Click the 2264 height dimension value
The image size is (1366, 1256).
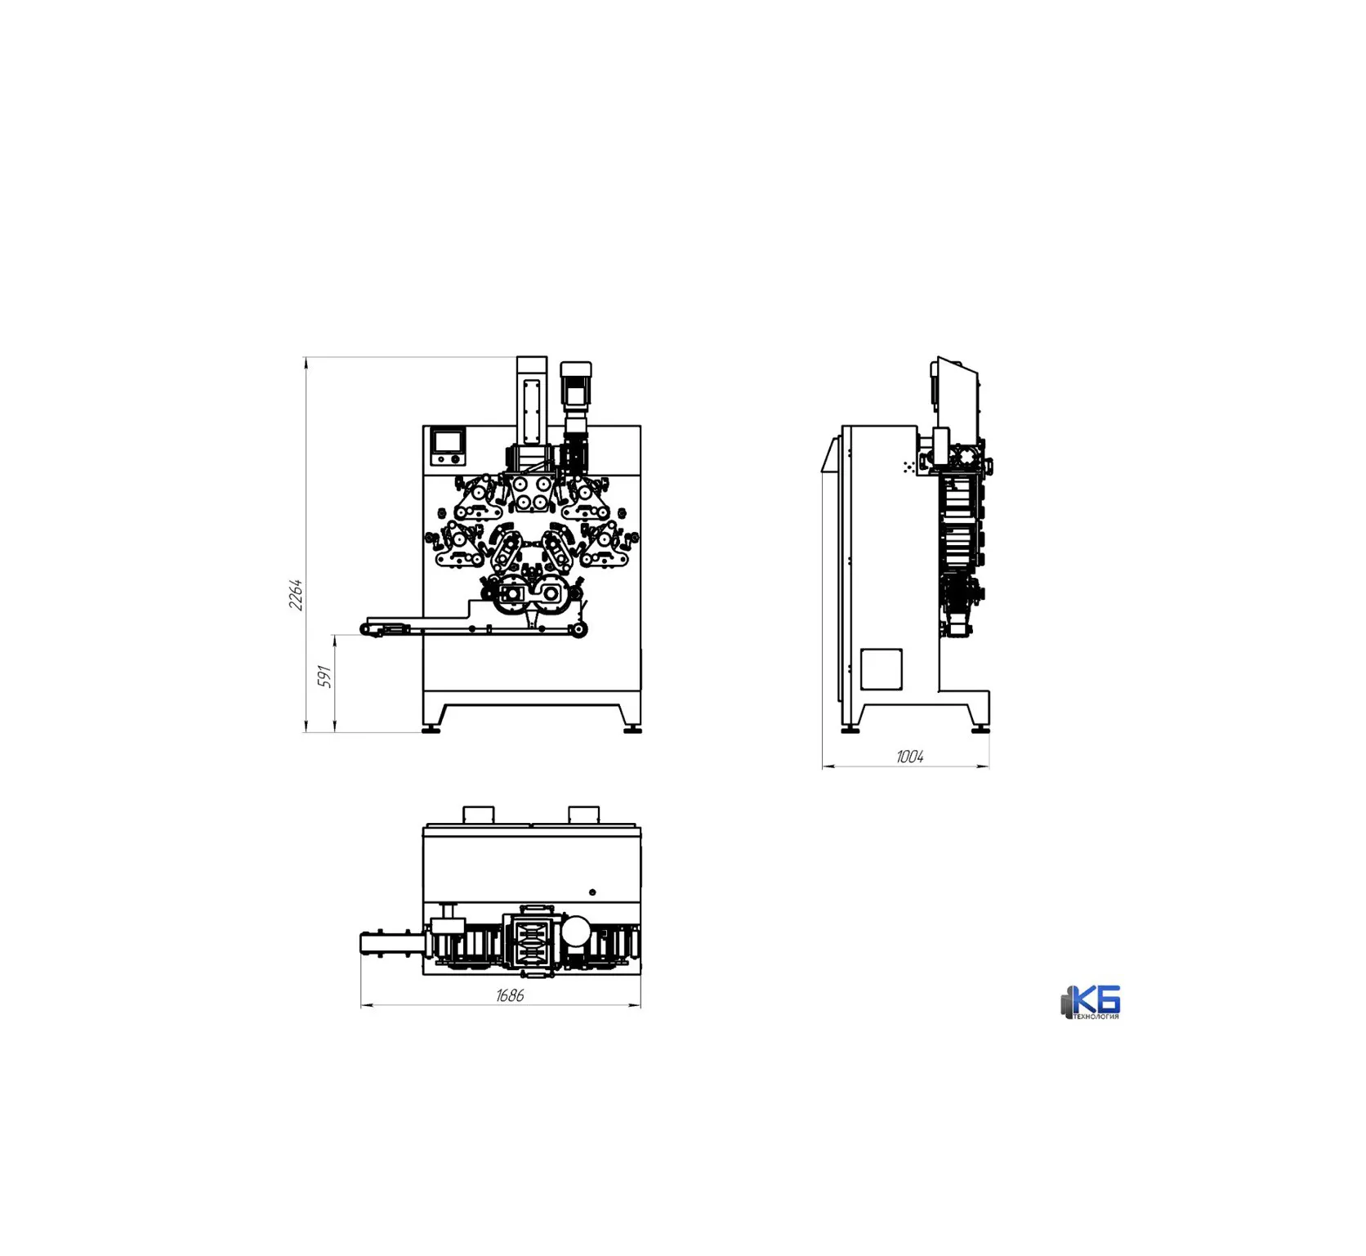296,594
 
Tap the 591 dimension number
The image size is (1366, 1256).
325,676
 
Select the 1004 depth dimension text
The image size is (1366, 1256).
909,757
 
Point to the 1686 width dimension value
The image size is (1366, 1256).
510,995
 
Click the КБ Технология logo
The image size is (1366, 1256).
1091,1002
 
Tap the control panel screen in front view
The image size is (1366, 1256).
447,441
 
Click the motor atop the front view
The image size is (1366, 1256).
576,386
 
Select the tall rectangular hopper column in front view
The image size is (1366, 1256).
532,400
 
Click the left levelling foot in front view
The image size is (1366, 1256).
431,729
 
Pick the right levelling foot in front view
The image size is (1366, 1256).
632,729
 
